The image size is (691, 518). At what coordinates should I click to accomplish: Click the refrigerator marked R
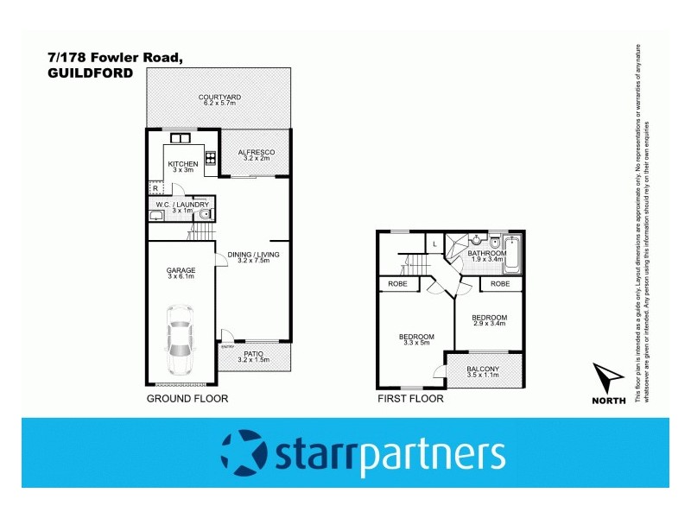(x=155, y=187)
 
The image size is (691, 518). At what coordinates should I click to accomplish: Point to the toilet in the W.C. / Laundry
(x=204, y=215)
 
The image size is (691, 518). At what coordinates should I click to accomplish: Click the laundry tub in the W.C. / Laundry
(x=156, y=215)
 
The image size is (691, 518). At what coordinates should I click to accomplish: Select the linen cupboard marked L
(x=434, y=245)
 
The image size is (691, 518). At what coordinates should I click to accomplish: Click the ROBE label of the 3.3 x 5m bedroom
(x=396, y=283)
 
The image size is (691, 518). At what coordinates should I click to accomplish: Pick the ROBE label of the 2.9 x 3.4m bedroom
(x=501, y=283)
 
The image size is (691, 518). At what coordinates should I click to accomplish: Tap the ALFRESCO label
(x=255, y=152)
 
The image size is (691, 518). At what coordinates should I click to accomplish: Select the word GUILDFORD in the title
(x=91, y=74)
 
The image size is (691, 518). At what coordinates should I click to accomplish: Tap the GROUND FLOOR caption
(x=187, y=399)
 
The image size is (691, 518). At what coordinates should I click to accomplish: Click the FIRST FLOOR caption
(x=411, y=399)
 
